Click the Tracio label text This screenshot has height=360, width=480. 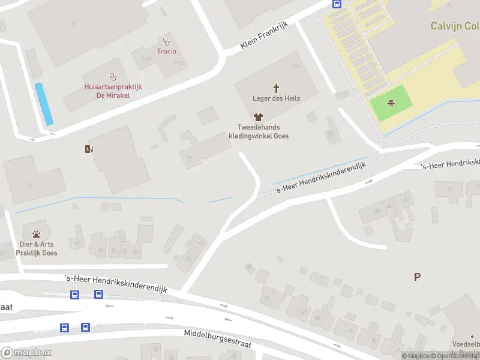tap(166, 51)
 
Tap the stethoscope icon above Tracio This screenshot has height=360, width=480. tap(166, 41)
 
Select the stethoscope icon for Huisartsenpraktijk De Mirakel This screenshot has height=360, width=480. tap(112, 77)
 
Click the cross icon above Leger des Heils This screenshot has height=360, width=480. tap(277, 88)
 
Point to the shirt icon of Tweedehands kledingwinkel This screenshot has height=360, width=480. tap(259, 118)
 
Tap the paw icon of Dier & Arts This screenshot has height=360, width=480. tap(36, 235)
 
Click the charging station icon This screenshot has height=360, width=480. tap(89, 149)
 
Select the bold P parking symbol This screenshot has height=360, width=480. tap(417, 277)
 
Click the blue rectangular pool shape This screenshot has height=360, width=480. tap(43, 104)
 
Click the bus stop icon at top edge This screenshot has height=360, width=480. tap(337, 4)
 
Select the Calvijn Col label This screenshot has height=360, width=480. tap(455, 26)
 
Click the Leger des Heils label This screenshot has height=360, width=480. tap(277, 98)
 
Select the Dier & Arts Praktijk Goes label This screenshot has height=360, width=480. tap(36, 248)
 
